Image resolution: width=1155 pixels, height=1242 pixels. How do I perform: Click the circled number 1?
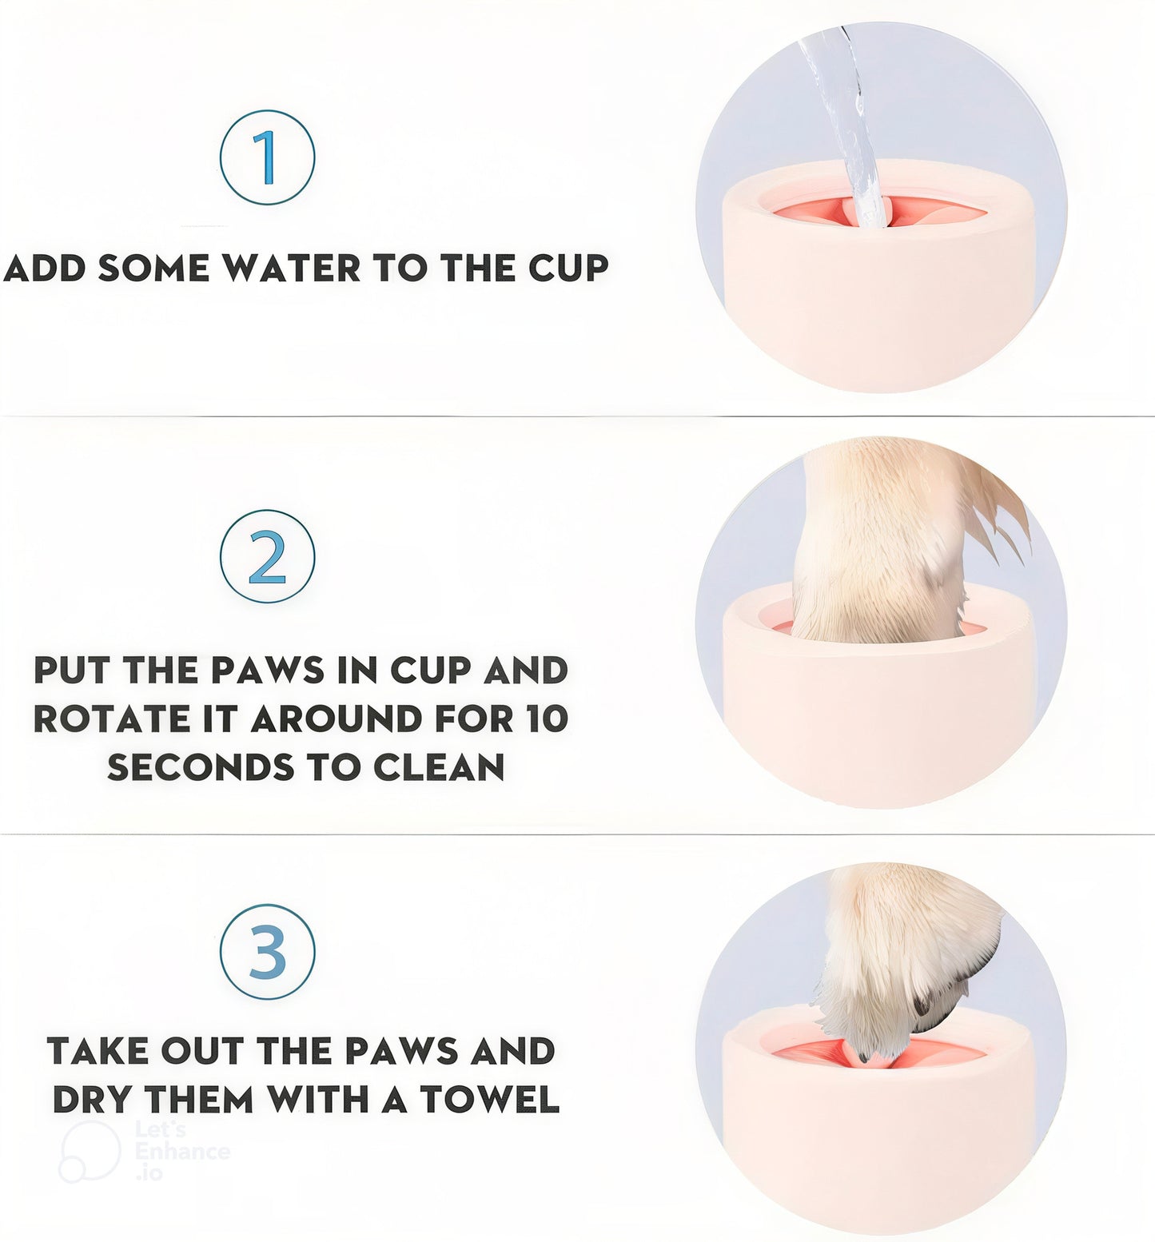point(267,157)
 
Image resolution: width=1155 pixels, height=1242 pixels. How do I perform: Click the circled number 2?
point(267,556)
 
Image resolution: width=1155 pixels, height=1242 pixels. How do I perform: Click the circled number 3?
point(267,951)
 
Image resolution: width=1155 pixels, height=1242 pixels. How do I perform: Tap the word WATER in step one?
point(291,269)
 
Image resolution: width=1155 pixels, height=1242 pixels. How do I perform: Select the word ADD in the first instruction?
point(45,269)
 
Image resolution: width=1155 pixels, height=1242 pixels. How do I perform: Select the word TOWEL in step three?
point(489,1100)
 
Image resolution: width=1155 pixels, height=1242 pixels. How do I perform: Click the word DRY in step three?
point(93,1100)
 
